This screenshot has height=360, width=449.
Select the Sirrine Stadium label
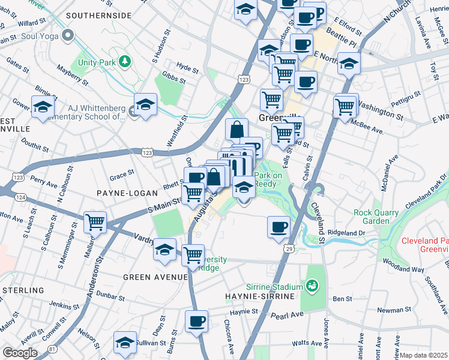point(276,287)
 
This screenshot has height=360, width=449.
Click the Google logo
point(20,353)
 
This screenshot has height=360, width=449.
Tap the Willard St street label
point(32,23)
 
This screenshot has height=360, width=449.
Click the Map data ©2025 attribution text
point(424,355)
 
